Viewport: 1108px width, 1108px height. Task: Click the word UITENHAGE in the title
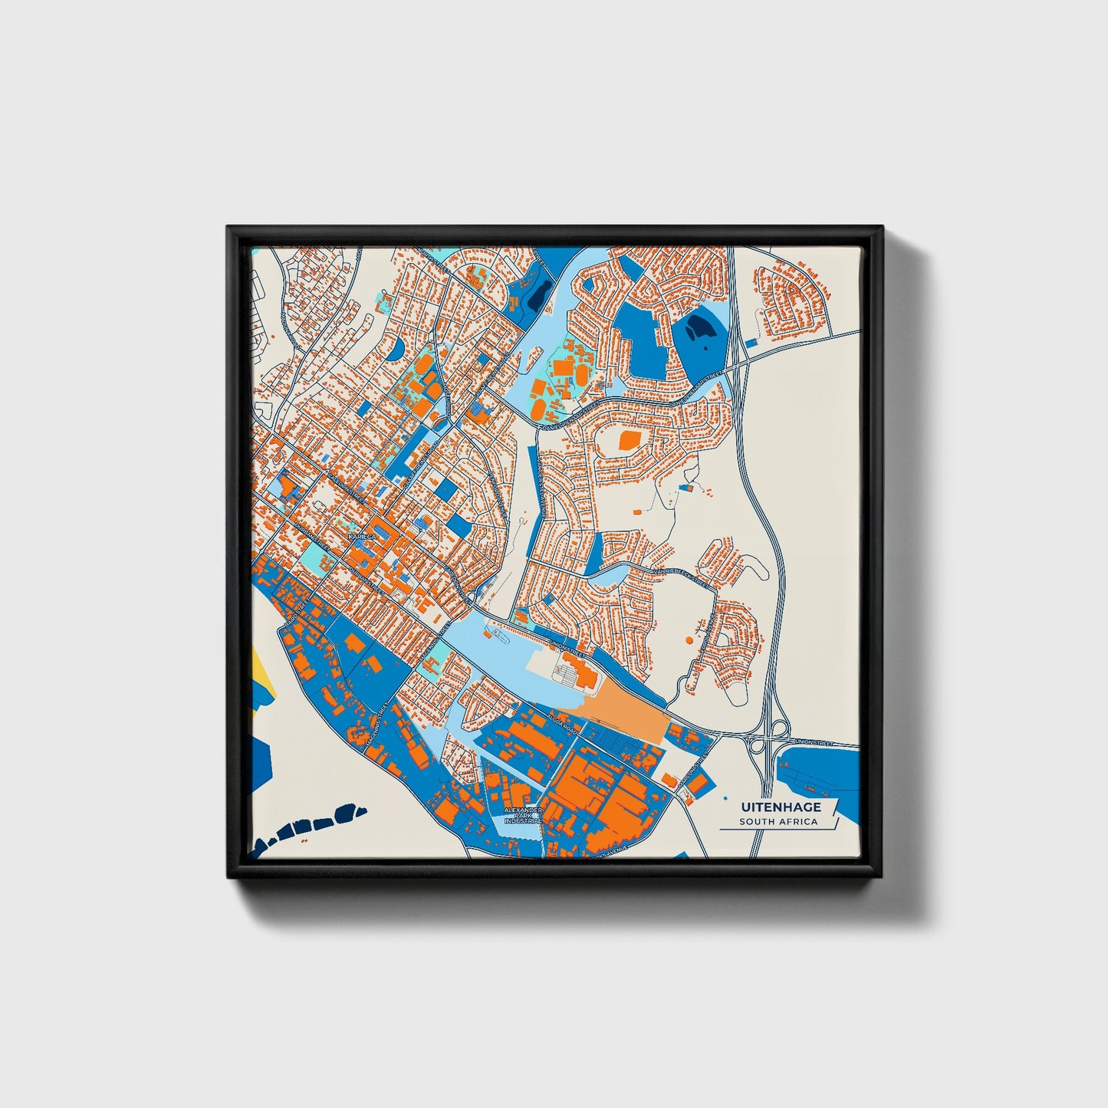[781, 807]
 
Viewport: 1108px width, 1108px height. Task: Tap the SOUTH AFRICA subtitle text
[778, 822]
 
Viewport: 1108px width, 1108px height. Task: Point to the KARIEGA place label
[363, 538]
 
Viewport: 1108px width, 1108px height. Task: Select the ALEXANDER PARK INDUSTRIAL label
[523, 815]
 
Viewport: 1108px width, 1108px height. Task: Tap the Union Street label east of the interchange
[814, 742]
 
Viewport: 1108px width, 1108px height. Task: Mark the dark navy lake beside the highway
[699, 328]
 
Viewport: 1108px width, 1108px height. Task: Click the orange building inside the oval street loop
[629, 439]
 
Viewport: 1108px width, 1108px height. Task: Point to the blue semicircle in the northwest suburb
[396, 350]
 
